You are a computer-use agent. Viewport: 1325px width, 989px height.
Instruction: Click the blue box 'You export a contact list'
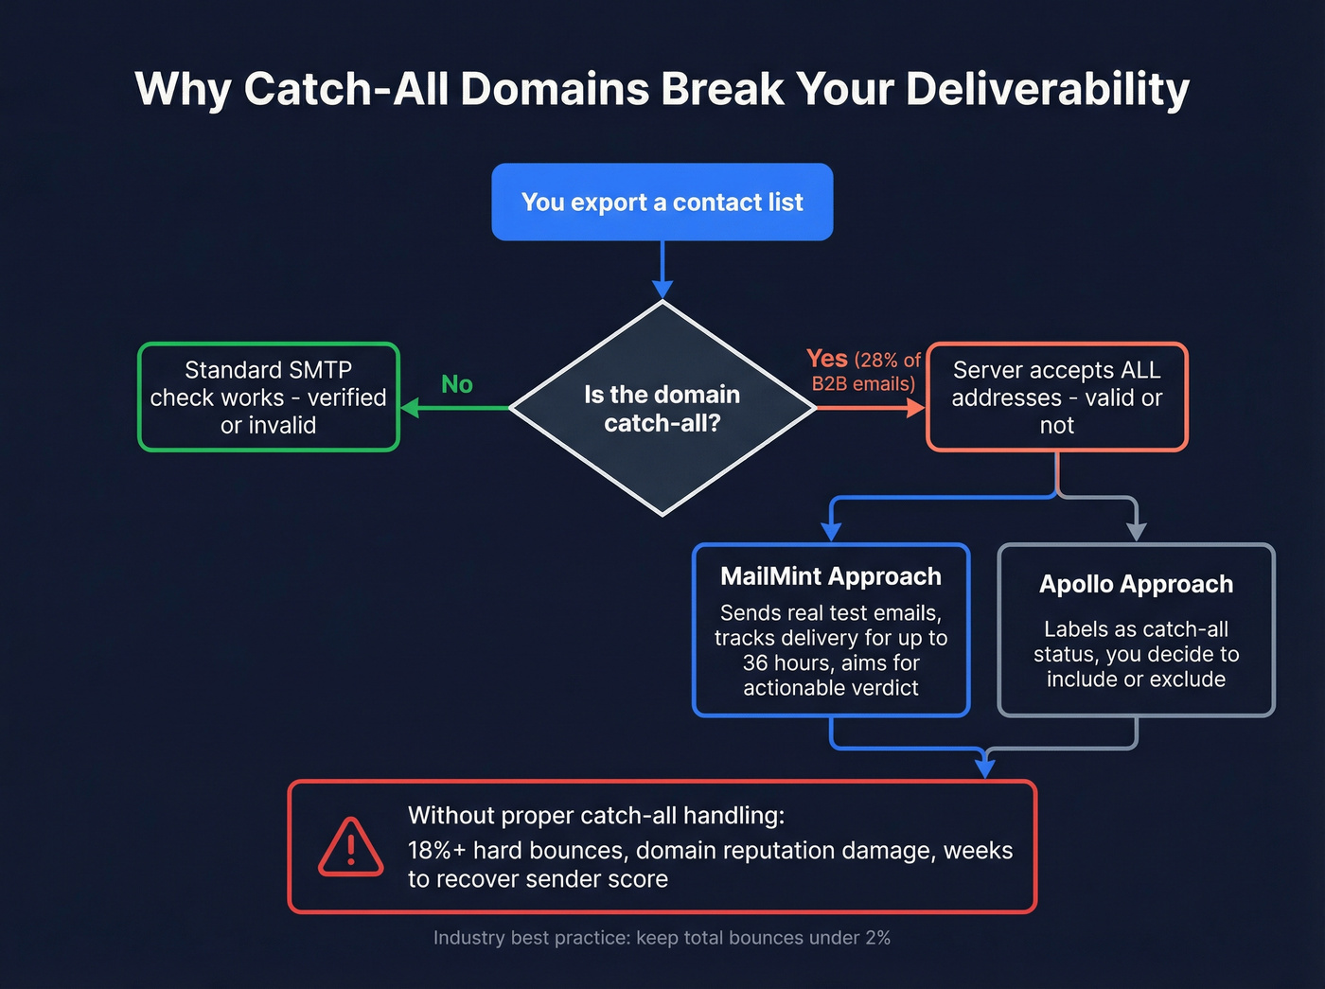pyautogui.click(x=662, y=202)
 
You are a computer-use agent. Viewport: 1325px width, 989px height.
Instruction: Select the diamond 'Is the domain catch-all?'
pyautogui.click(x=662, y=409)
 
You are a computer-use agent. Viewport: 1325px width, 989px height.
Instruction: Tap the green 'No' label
pyautogui.click(x=457, y=384)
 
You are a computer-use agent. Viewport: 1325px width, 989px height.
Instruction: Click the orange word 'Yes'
pyautogui.click(x=826, y=359)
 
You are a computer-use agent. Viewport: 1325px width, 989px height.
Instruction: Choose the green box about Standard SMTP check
pyautogui.click(x=269, y=397)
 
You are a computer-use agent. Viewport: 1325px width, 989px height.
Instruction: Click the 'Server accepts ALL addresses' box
pyautogui.click(x=1056, y=397)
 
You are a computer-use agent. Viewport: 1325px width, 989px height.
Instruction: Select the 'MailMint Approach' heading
pyautogui.click(x=830, y=576)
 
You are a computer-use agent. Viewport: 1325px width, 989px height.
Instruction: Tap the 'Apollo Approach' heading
pyautogui.click(x=1136, y=584)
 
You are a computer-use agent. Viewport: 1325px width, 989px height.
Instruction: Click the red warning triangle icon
pyautogui.click(x=350, y=847)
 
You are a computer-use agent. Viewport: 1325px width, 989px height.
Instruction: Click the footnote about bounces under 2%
pyautogui.click(x=662, y=938)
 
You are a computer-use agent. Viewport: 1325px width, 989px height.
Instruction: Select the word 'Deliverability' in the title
pyautogui.click(x=1047, y=89)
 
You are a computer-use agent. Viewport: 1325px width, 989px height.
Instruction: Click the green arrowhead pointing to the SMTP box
pyautogui.click(x=410, y=408)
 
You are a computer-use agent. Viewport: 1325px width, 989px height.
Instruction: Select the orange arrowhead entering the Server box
pyautogui.click(x=915, y=408)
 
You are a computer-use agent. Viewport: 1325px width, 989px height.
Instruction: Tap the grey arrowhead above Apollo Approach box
pyautogui.click(x=1136, y=532)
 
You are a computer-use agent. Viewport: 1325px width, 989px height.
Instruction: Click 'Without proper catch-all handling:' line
pyautogui.click(x=595, y=815)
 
